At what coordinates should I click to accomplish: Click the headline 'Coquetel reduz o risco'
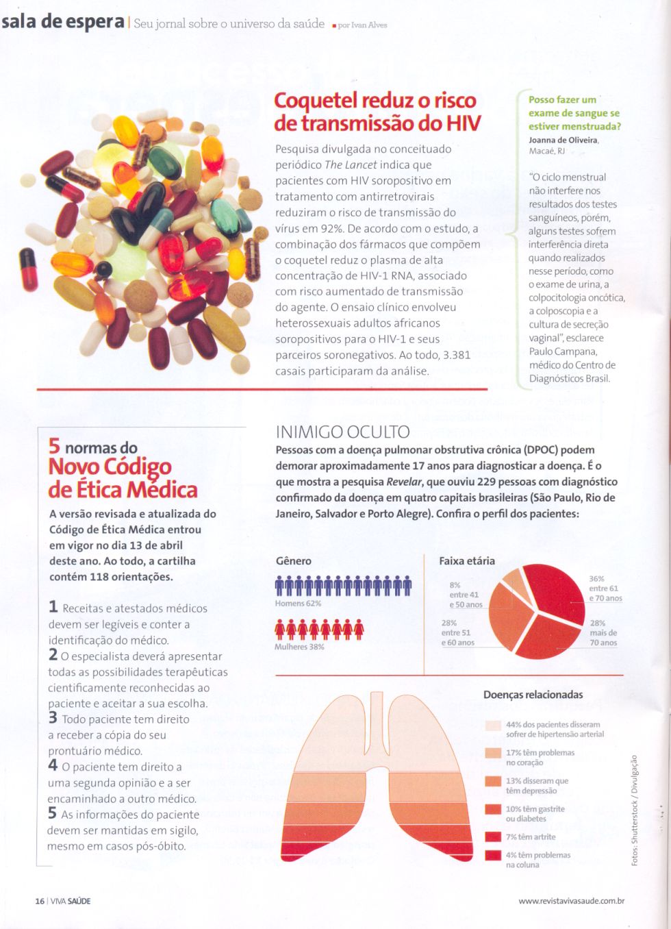pos(375,101)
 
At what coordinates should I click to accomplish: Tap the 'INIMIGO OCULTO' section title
pos(342,432)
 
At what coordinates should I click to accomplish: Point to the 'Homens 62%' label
pos(298,604)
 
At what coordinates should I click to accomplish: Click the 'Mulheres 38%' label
pos(299,647)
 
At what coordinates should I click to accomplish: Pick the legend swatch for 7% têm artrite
pos(493,837)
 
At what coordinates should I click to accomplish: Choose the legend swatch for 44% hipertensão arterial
pos(493,725)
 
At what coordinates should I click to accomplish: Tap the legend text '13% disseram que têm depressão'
pos(537,786)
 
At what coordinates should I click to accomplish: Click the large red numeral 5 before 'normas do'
pos(54,446)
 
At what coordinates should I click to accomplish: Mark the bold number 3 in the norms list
pos(53,718)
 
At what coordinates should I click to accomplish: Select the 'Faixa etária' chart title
pos(467,560)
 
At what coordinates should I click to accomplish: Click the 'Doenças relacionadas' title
pos(533,695)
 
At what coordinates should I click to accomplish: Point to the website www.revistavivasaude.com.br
pos(571,901)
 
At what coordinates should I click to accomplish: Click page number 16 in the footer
pos(40,901)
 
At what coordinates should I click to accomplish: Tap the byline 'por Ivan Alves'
pos(362,25)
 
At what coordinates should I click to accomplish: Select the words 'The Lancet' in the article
pos(351,165)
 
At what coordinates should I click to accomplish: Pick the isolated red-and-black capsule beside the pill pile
pos(28,269)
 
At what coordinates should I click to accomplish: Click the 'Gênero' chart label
pos(293,560)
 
